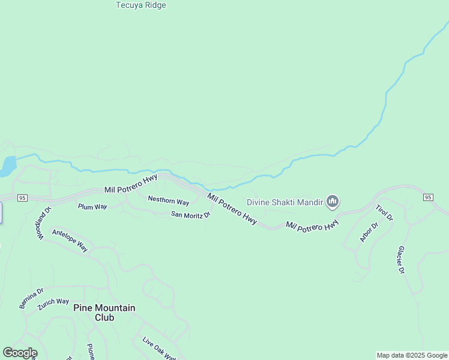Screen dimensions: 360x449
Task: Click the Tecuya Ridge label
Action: [x=140, y=5]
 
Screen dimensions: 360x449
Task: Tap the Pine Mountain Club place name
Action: [x=104, y=312]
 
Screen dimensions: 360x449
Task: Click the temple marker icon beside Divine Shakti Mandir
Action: [x=333, y=202]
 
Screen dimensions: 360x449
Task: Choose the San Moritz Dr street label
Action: [x=191, y=214]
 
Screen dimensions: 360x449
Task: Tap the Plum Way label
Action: [x=92, y=206]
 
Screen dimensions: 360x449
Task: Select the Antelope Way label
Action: [x=70, y=240]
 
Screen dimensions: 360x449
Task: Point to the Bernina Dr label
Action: [x=31, y=298]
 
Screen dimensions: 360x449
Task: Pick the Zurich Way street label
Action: [x=53, y=304]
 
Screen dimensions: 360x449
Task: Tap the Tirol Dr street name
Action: [x=384, y=212]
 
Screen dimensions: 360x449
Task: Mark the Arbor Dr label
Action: [x=369, y=232]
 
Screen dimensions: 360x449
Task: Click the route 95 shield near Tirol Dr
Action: [x=427, y=197]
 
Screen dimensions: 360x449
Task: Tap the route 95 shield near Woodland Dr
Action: [x=22, y=197]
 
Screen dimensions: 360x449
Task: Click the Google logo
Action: [x=20, y=353]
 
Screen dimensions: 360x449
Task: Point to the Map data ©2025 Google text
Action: [x=412, y=355]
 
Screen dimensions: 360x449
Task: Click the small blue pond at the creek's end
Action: [x=8, y=166]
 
